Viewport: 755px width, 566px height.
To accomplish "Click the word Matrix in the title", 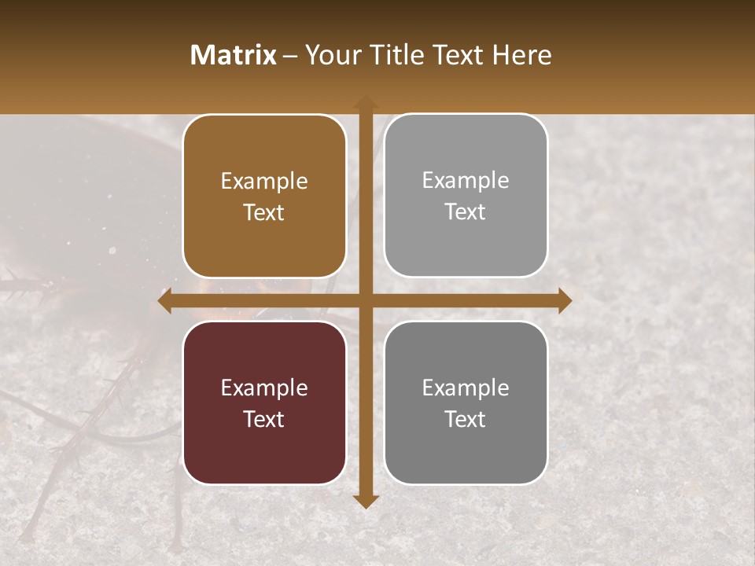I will (x=234, y=55).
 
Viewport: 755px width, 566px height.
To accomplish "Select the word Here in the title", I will (x=521, y=55).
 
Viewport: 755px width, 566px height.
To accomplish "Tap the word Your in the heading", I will (x=330, y=55).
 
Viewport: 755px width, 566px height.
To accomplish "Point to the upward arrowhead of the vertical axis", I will (x=365, y=102).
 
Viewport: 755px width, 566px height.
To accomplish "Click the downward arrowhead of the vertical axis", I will (x=365, y=502).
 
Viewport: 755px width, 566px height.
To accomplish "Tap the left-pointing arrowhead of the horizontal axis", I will (x=165, y=301).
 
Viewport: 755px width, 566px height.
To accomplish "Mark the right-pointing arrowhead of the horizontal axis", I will (x=564, y=301).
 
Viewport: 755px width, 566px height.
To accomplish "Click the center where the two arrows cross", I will (x=365, y=301).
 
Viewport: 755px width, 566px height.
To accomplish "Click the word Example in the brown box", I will (x=264, y=182).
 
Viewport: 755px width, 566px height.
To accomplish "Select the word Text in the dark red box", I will (x=264, y=419).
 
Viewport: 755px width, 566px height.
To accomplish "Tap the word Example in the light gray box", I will (x=466, y=181).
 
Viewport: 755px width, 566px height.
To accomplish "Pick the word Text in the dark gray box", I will (x=466, y=419).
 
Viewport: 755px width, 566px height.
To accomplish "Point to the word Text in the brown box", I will (x=264, y=212).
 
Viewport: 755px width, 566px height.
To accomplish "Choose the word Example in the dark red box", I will (x=264, y=388).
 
